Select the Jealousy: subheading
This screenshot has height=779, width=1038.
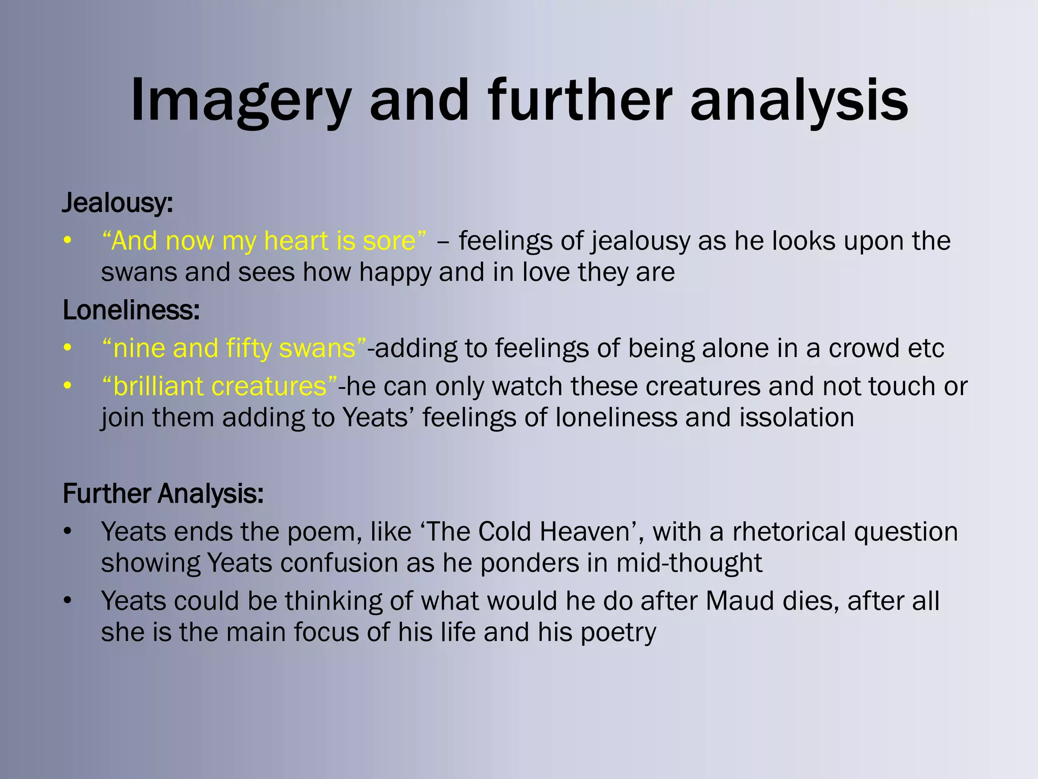(118, 203)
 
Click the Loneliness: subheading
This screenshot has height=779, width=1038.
(131, 310)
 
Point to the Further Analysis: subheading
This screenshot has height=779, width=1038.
(163, 493)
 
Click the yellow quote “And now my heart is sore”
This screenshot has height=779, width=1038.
(264, 240)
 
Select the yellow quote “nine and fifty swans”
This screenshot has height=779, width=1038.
(234, 348)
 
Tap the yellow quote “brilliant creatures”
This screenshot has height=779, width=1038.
(219, 386)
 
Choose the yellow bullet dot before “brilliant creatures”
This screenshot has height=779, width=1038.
(67, 386)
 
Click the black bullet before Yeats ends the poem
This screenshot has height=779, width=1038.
(67, 532)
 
